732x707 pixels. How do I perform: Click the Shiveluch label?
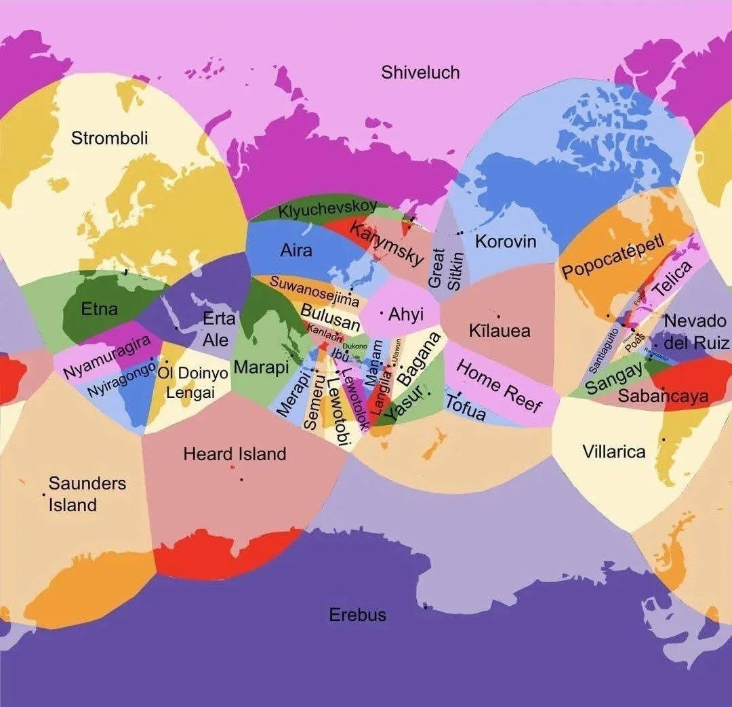point(420,73)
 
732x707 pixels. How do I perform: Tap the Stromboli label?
point(109,138)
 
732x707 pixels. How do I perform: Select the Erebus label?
point(357,615)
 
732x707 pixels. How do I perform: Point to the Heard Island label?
point(235,454)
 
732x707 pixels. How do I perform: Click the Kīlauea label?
point(500,331)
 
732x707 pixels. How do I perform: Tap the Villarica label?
point(613,451)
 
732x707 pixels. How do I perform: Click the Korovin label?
point(505,241)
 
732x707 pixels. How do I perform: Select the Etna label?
point(99,310)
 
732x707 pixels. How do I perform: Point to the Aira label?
point(296,250)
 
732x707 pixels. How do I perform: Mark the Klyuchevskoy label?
point(327,208)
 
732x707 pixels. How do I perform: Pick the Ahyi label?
point(405,315)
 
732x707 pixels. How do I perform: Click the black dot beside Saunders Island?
point(44,494)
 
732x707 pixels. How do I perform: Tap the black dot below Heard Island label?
point(241,480)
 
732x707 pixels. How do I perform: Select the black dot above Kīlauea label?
point(499,316)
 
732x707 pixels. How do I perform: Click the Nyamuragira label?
point(106,357)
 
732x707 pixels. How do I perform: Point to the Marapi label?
point(261,367)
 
